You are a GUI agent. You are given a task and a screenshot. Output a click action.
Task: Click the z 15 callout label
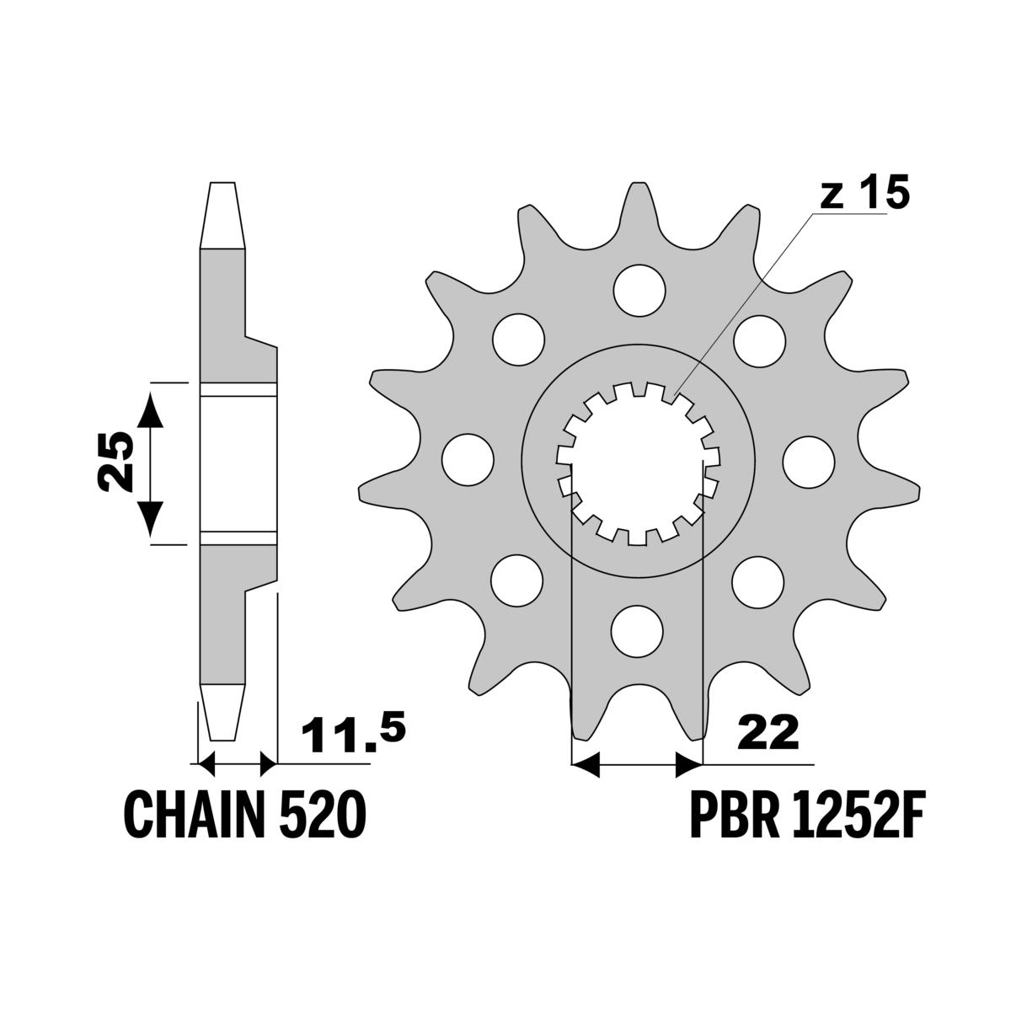tap(864, 192)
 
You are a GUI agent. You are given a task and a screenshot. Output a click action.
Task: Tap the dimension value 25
tap(115, 463)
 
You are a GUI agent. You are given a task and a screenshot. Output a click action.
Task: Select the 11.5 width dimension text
tap(353, 732)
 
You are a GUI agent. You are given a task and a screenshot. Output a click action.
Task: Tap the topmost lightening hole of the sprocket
tap(639, 290)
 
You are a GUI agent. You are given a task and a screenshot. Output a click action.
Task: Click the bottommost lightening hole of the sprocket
tap(638, 631)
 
